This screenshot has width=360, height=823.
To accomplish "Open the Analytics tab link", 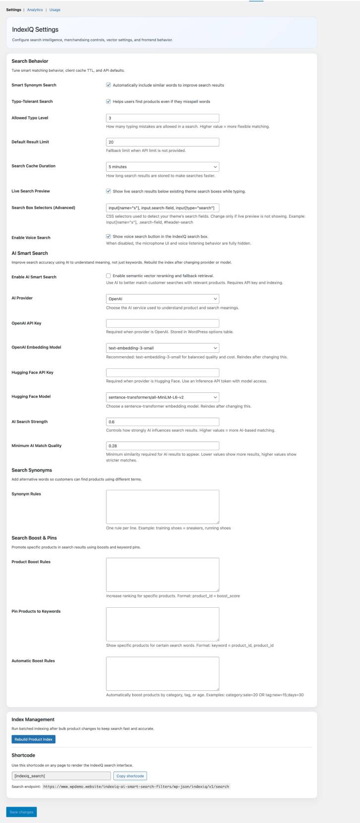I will [35, 10].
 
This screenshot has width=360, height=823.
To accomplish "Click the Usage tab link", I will [54, 10].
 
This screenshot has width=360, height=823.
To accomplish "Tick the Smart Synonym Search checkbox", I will [108, 85].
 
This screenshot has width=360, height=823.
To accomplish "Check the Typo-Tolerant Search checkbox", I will [108, 101].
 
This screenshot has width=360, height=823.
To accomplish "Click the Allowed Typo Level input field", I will [162, 118].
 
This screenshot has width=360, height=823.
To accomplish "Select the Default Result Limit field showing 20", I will [162, 142].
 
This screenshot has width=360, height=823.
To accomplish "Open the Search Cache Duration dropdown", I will [162, 167].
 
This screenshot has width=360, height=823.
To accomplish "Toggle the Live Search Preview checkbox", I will [108, 191].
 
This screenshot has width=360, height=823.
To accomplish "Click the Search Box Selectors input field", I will [162, 208].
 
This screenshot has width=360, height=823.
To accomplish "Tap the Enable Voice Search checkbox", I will [108, 237].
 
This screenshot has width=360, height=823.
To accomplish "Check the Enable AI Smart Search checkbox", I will [108, 276].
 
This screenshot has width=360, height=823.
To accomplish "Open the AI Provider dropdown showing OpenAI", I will [162, 299].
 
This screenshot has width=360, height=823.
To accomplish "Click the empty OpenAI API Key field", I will [162, 323].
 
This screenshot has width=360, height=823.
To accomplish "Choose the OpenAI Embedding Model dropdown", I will [162, 348].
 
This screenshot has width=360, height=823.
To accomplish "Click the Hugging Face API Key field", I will [162, 373].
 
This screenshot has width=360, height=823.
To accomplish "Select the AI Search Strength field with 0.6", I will [162, 422].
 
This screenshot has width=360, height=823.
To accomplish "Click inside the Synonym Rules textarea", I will [162, 506].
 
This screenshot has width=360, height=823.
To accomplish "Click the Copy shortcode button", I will [130, 775].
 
